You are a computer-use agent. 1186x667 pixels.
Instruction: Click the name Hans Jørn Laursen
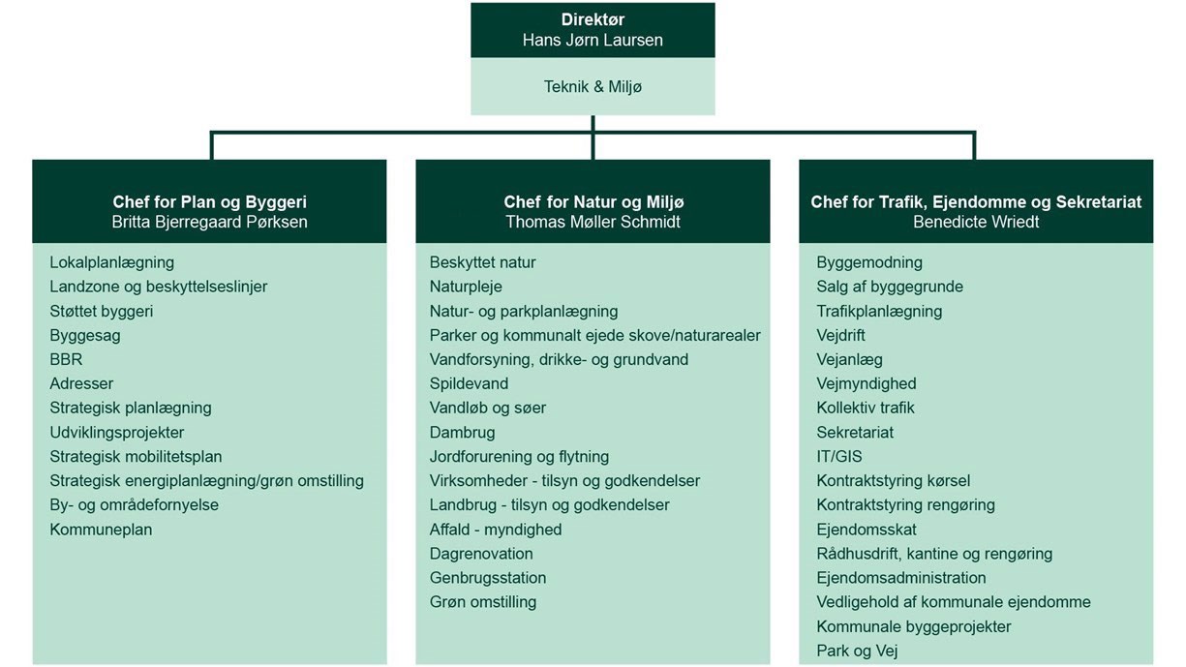click(x=593, y=40)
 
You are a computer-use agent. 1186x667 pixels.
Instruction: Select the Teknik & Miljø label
click(x=593, y=86)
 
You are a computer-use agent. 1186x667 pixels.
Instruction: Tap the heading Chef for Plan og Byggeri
click(x=209, y=202)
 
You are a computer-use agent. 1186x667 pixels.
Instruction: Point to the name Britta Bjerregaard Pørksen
click(x=209, y=222)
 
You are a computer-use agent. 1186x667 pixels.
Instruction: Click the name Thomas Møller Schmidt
click(x=593, y=222)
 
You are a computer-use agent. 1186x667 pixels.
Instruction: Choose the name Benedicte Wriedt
click(x=976, y=222)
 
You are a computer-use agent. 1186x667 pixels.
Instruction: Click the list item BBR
click(x=66, y=359)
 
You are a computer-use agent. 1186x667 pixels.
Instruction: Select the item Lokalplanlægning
click(x=111, y=262)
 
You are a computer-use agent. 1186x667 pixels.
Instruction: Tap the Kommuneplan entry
click(x=101, y=530)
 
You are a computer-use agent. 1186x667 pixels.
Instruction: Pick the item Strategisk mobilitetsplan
click(x=136, y=457)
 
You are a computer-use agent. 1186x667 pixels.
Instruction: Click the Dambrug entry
click(x=462, y=433)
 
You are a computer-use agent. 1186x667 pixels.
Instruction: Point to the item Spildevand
click(x=469, y=383)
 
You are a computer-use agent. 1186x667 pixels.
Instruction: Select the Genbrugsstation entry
click(x=488, y=578)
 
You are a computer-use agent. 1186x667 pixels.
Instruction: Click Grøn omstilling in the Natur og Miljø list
click(x=482, y=602)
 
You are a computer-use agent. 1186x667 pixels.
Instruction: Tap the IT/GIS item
click(x=838, y=457)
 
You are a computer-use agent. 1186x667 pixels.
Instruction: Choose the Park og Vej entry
click(x=857, y=651)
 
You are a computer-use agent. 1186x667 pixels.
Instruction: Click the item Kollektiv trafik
click(x=865, y=408)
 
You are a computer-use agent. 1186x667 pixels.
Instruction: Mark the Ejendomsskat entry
click(x=866, y=530)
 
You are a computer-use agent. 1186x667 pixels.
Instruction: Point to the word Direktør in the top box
click(x=593, y=19)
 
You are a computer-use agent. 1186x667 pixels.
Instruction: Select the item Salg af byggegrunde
click(x=889, y=287)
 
